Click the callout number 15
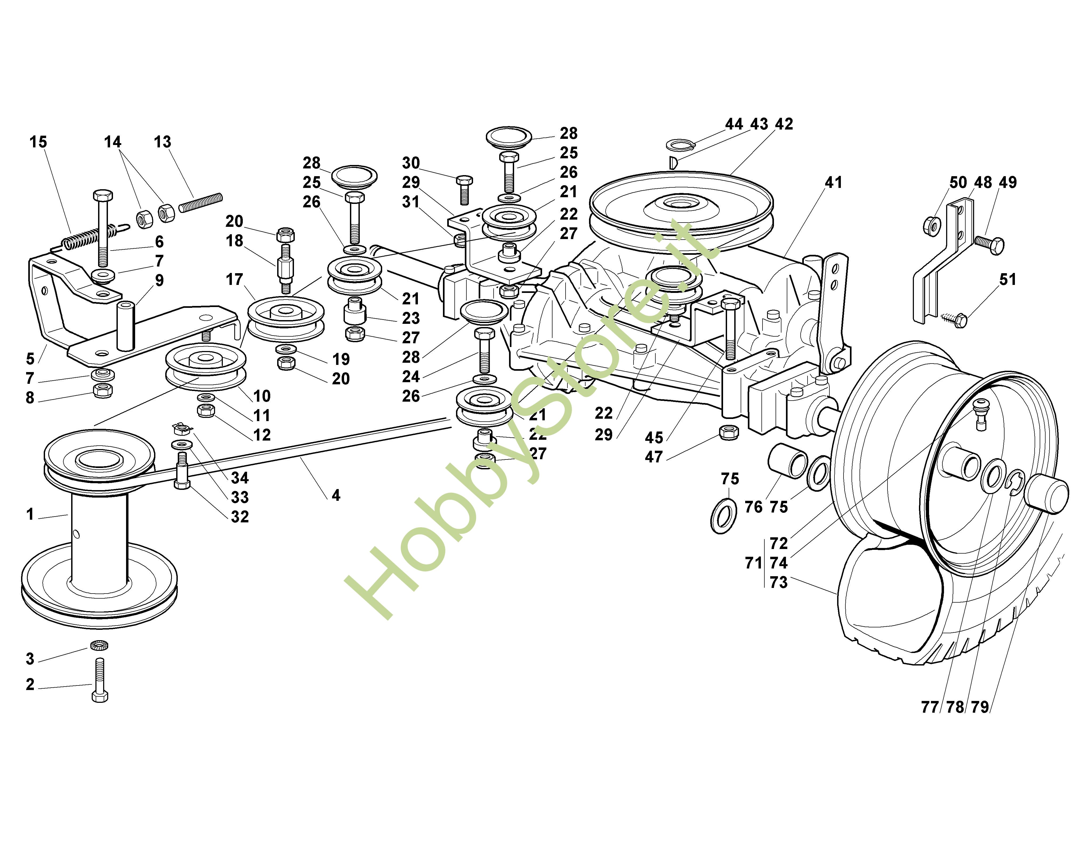pyautogui.click(x=38, y=142)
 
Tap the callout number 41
pyautogui.click(x=833, y=183)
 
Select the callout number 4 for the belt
pyautogui.click(x=336, y=495)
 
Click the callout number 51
pyautogui.click(x=1007, y=280)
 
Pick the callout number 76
pyautogui.click(x=753, y=507)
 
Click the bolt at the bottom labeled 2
pyautogui.click(x=100, y=679)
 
